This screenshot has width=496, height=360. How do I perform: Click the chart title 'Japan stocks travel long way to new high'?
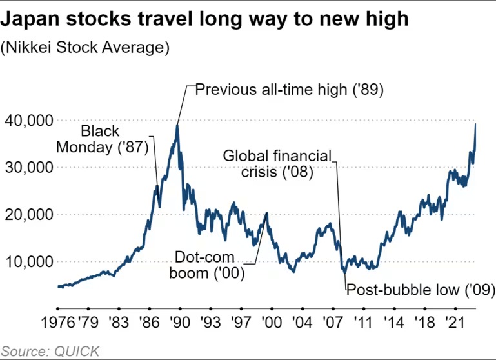tap(204, 18)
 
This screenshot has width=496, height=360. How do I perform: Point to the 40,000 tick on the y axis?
tap(27, 121)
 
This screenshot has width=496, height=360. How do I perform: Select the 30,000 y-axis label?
tap(27, 168)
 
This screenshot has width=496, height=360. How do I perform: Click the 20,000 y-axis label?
tap(27, 215)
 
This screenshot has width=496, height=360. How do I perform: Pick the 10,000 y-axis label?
tap(27, 262)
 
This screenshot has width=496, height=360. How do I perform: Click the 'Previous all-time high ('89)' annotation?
tap(290, 89)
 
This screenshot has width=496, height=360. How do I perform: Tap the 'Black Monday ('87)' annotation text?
tap(103, 139)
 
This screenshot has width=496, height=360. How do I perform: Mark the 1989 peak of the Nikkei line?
tap(177, 125)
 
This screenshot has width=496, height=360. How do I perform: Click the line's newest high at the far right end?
tap(475, 125)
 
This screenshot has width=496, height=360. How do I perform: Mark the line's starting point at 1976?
tap(58, 286)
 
